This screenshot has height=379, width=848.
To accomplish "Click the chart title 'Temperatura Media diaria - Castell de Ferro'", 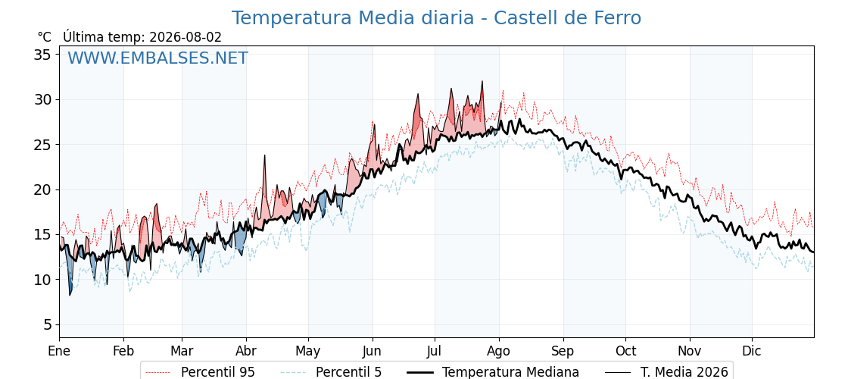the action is coord(436,18).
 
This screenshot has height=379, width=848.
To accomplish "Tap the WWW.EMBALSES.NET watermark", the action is coord(158,58).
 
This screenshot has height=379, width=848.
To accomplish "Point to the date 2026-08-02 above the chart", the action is coord(185,37).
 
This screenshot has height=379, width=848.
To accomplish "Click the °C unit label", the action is coord(45,37).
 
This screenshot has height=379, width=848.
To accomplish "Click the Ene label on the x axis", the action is coord(59,351).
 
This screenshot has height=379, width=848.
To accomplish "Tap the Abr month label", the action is coord(247,351).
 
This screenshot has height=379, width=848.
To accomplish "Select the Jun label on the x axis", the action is coord(372,351).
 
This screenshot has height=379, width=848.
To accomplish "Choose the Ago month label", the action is coord(499,351).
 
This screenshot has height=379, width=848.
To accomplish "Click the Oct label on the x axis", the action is coord(625,351).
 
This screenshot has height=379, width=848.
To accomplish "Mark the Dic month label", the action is coord(752,351).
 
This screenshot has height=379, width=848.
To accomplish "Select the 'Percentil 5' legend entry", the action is coord(332,372).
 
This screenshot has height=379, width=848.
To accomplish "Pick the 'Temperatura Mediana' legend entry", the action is coord(492,372).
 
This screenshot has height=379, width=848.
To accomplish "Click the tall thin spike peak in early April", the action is coord(265,155).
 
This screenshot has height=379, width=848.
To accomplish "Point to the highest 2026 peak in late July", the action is coord(482,82).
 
